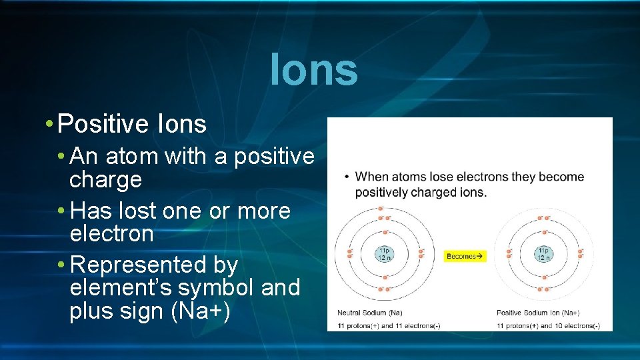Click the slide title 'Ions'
[314, 70]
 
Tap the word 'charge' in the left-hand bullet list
[105, 179]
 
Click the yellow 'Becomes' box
[465, 256]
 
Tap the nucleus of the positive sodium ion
[543, 254]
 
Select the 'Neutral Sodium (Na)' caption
[369, 312]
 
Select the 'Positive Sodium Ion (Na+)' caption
[537, 312]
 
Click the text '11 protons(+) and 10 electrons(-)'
[548, 325]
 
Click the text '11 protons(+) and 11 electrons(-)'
[389, 325]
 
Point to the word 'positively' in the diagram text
[381, 192]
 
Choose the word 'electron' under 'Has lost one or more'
[111, 234]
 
